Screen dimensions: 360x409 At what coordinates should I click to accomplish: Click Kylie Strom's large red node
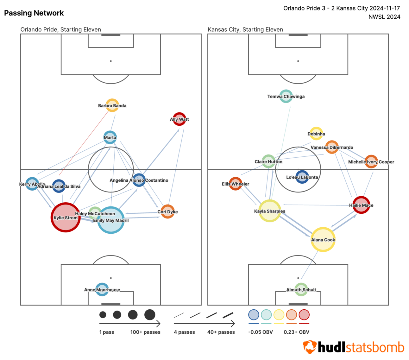[x=66, y=218]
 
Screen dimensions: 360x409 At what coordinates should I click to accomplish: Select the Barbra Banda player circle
[x=112, y=105]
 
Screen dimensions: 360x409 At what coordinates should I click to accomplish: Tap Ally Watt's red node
[x=179, y=119]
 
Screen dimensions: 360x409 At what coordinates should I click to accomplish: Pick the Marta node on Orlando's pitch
[x=110, y=137]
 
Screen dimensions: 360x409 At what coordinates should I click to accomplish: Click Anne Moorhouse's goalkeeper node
[x=102, y=289]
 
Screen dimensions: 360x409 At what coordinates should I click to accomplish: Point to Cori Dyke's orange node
[x=167, y=212]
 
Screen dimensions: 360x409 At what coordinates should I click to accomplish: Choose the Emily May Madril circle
[x=111, y=220]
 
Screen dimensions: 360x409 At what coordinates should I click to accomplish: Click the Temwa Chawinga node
[x=286, y=96]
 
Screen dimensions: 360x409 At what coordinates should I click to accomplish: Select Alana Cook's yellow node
[x=323, y=240]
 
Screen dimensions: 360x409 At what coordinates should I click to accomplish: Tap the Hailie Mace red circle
[x=361, y=205]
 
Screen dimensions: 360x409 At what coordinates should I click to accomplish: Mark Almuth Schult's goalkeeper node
[x=301, y=289]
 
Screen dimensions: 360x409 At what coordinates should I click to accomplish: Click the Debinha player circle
[x=316, y=134]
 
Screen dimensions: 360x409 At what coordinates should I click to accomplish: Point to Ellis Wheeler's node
[x=236, y=184]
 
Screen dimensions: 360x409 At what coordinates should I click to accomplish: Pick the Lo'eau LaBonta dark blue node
[x=302, y=177]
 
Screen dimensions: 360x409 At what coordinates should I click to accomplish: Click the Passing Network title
[x=34, y=13]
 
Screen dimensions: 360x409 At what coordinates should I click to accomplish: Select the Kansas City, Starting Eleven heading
[x=245, y=29]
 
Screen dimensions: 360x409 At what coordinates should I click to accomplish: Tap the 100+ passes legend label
[x=145, y=332]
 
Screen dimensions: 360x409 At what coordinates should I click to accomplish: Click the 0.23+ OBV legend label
[x=296, y=332]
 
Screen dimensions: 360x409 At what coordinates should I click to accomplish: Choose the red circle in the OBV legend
[x=304, y=315]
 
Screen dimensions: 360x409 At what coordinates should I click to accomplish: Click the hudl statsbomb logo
[x=354, y=347]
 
